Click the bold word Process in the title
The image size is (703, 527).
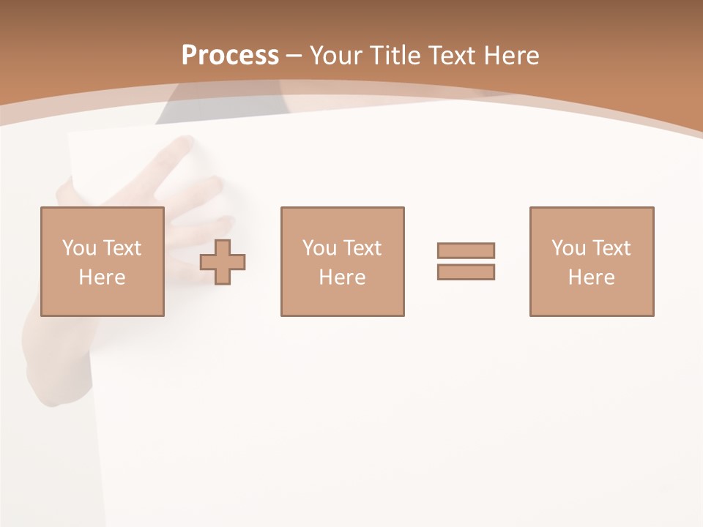point(230,56)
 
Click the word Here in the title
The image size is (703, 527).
point(513,56)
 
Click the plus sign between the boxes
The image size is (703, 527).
point(223,261)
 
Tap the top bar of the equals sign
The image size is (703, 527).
point(466,250)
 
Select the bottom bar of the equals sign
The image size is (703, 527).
point(466,272)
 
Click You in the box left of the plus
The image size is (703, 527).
point(79,248)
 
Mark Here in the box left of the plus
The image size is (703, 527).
point(102,277)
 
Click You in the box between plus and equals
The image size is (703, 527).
point(319,248)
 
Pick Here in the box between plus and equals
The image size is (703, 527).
point(342,277)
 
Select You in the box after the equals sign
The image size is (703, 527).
point(568,248)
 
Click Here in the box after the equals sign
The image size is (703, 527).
point(591,277)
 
